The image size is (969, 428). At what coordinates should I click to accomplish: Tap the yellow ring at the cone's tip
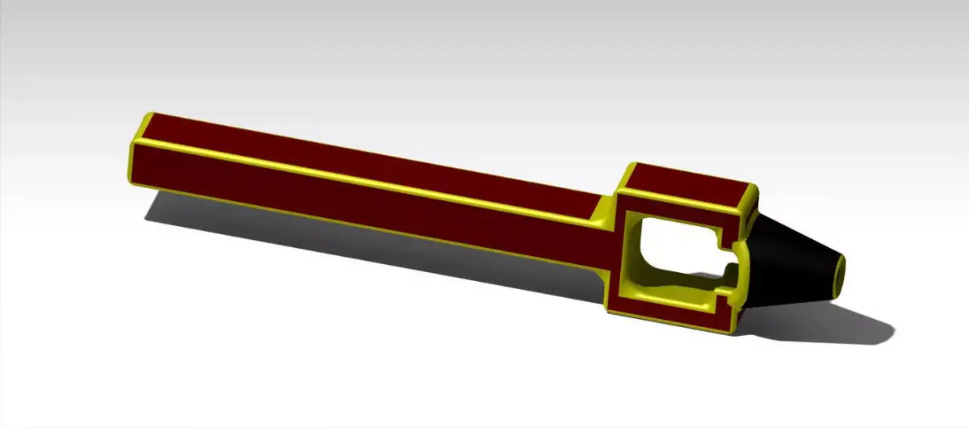(841, 272)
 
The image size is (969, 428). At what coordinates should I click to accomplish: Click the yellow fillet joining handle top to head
(607, 208)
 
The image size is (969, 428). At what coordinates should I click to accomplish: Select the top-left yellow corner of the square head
(630, 166)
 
